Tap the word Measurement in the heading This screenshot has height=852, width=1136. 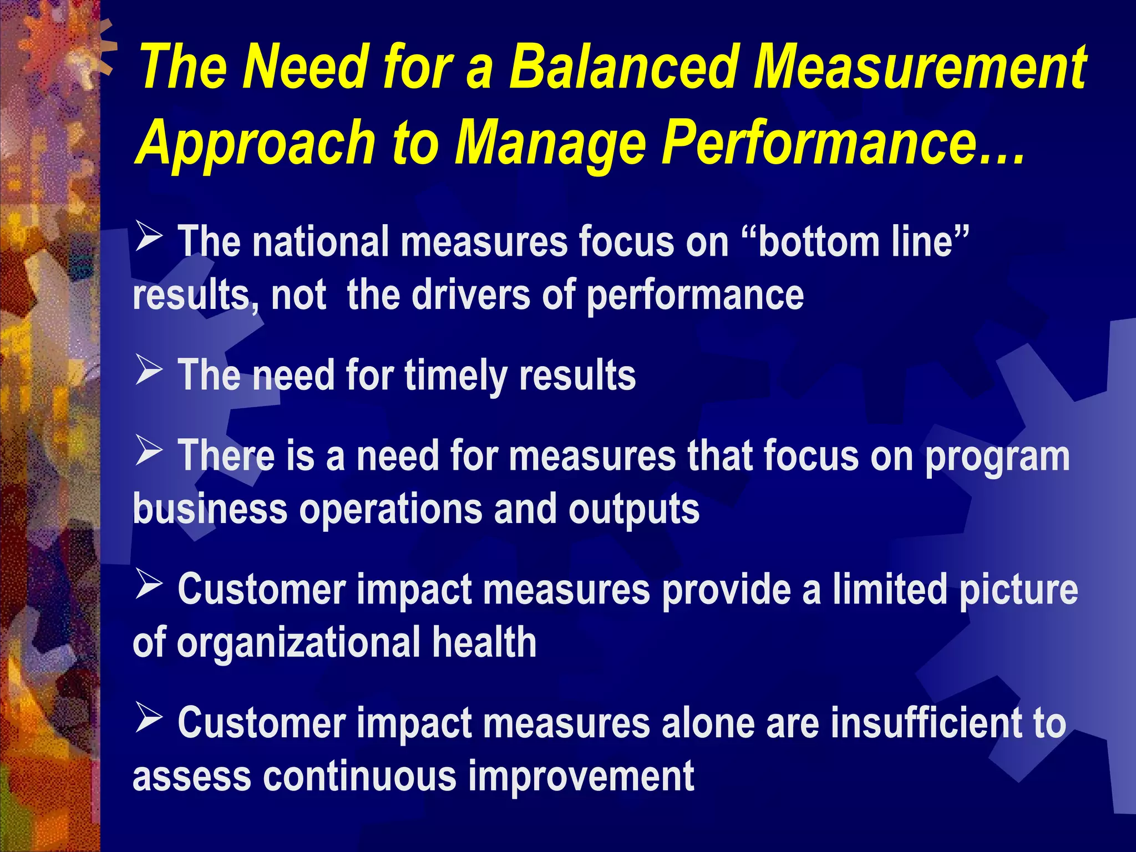(x=919, y=68)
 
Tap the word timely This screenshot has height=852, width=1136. (x=455, y=376)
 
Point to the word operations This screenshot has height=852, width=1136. (x=390, y=509)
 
